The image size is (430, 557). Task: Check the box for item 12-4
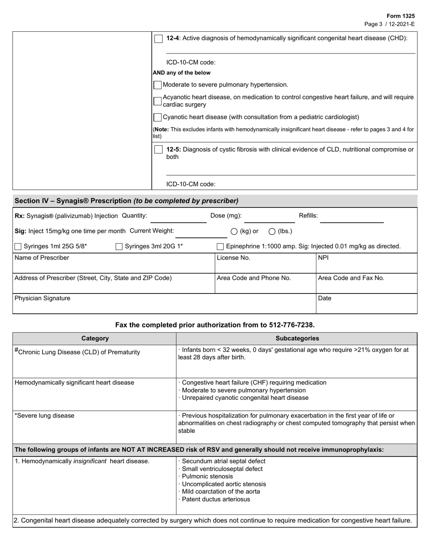click(158, 38)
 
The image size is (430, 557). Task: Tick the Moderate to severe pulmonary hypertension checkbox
click(158, 85)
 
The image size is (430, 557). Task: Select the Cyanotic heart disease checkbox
click(158, 117)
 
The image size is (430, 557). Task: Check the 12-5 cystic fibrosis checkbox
click(158, 149)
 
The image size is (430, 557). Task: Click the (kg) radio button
click(234, 231)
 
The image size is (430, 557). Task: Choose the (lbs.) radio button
click(272, 231)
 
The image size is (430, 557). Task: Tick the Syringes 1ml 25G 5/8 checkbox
click(18, 246)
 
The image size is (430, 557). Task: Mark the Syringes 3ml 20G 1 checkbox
click(119, 246)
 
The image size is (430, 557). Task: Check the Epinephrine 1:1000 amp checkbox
click(220, 246)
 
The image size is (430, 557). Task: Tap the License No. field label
click(234, 258)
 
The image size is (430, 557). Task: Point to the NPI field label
click(323, 258)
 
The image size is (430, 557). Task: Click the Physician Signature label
click(43, 298)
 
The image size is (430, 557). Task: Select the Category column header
click(95, 338)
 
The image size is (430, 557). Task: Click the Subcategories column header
click(297, 338)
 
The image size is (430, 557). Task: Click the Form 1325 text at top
click(400, 16)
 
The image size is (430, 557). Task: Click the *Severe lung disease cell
click(45, 416)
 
